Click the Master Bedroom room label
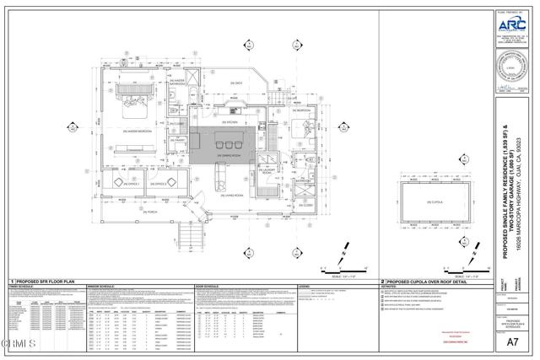pyautogui.click(x=137, y=131)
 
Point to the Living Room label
pyautogui.click(x=226, y=195)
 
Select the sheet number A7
pyautogui.click(x=510, y=341)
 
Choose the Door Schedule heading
pyautogui.click(x=207, y=287)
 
